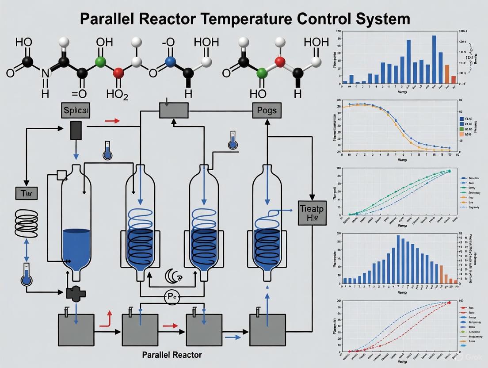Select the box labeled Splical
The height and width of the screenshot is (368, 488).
point(76,111)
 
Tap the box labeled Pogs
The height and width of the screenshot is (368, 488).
point(267,110)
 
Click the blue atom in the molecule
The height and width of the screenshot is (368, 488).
point(168,62)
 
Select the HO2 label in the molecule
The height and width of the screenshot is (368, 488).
point(117,94)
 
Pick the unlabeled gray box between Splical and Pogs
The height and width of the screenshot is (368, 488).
point(174,110)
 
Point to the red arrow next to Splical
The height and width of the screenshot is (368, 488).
point(112,120)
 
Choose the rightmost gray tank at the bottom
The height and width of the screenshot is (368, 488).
point(268,330)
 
